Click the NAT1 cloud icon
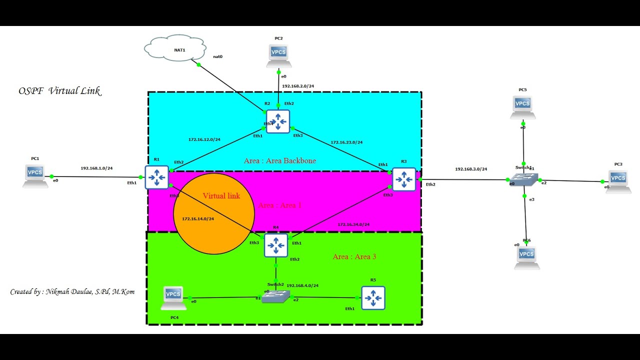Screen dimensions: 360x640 tap(175, 48)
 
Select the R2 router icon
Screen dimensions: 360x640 tap(277, 121)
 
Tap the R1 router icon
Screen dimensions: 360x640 tap(157, 177)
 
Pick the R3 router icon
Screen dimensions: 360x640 tap(403, 179)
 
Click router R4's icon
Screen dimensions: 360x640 tap(276, 245)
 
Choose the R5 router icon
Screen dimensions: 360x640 tap(373, 298)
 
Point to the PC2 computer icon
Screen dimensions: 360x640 tap(278, 54)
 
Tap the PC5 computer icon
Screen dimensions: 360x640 tap(522, 106)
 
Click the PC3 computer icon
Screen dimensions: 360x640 tap(618, 181)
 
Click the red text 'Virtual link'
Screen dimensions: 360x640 tap(221, 196)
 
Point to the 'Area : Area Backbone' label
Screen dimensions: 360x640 tap(279, 160)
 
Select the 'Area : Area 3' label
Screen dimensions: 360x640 tap(354, 256)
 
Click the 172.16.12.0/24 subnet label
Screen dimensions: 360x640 tap(204, 139)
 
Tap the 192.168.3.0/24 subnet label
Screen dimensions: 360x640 tap(470, 169)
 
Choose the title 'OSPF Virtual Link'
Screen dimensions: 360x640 tap(59, 91)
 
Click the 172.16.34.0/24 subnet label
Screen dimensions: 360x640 tap(353, 224)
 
